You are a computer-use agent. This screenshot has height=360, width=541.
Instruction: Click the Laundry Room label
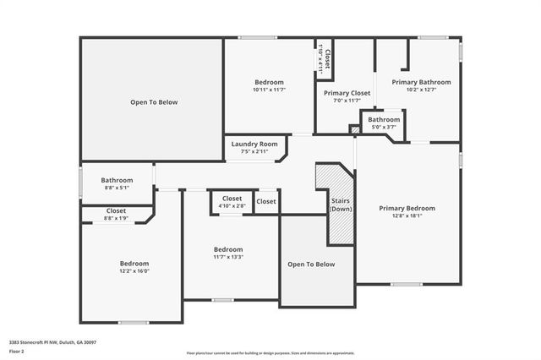click(x=254, y=145)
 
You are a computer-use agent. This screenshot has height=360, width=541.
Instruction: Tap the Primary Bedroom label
click(x=407, y=208)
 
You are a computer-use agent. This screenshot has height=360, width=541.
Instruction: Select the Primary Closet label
click(x=347, y=93)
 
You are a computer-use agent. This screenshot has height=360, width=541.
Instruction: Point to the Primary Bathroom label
click(x=421, y=82)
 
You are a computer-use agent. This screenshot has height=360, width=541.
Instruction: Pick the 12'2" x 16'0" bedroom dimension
click(x=134, y=271)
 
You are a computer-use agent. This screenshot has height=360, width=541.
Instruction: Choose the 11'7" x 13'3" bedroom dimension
click(x=228, y=258)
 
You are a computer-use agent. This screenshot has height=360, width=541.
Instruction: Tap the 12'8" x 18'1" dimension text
click(x=407, y=215)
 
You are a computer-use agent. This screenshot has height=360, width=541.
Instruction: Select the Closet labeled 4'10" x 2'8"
click(x=232, y=205)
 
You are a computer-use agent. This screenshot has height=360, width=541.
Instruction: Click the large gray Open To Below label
click(x=154, y=102)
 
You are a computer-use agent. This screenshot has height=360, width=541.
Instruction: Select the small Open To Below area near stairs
click(x=311, y=265)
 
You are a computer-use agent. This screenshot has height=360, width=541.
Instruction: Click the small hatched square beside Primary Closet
click(x=355, y=129)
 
